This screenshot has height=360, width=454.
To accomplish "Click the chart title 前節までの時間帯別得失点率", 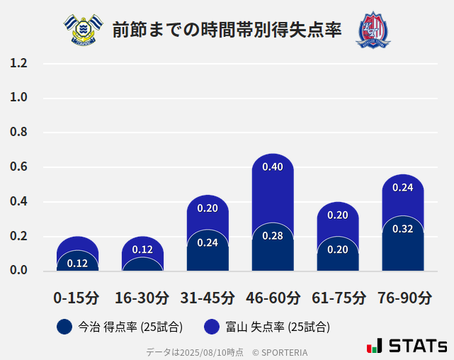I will [x=227, y=30].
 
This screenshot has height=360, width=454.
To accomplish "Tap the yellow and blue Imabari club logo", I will [x=83, y=29].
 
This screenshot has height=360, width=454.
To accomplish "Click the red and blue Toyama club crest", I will [x=373, y=30].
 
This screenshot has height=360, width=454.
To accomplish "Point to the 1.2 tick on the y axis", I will [x=18, y=63].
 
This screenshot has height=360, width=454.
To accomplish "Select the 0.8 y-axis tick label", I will [x=18, y=133].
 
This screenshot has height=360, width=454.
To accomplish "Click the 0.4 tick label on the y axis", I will [x=18, y=201].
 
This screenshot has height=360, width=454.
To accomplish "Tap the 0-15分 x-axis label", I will [x=77, y=298].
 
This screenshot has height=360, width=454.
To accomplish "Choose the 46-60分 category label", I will [x=273, y=298].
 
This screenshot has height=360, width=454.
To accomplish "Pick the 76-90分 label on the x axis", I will [x=403, y=298].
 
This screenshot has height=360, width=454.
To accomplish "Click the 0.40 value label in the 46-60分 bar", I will [x=273, y=167].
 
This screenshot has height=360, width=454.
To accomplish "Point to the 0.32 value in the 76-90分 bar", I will [x=403, y=229].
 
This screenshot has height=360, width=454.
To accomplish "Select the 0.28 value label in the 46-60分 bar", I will [x=273, y=236].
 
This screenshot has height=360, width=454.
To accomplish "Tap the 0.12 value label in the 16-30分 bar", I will [x=142, y=249].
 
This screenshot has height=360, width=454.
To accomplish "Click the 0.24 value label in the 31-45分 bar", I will [x=208, y=242].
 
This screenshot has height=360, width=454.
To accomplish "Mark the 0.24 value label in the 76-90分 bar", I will [x=403, y=188].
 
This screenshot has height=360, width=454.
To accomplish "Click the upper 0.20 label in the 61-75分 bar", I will [x=338, y=215].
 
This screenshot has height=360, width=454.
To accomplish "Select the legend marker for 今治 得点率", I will [x=64, y=327].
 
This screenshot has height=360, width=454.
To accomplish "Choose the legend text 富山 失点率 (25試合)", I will [x=278, y=327].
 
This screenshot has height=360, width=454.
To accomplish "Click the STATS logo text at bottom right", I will [x=417, y=346].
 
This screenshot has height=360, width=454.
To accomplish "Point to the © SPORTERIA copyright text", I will [x=280, y=351].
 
